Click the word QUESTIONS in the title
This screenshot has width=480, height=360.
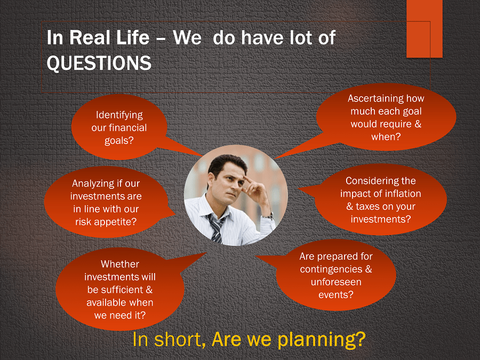click(99, 63)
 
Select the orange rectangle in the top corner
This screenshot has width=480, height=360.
click(425, 29)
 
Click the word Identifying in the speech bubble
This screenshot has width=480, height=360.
click(119, 115)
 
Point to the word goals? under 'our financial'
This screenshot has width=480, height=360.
click(119, 140)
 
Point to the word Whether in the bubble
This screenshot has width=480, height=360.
click(120, 264)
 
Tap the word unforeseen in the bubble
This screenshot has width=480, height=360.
click(336, 282)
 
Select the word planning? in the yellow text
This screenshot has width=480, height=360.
click(322, 340)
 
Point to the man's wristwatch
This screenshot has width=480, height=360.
click(270, 217)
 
